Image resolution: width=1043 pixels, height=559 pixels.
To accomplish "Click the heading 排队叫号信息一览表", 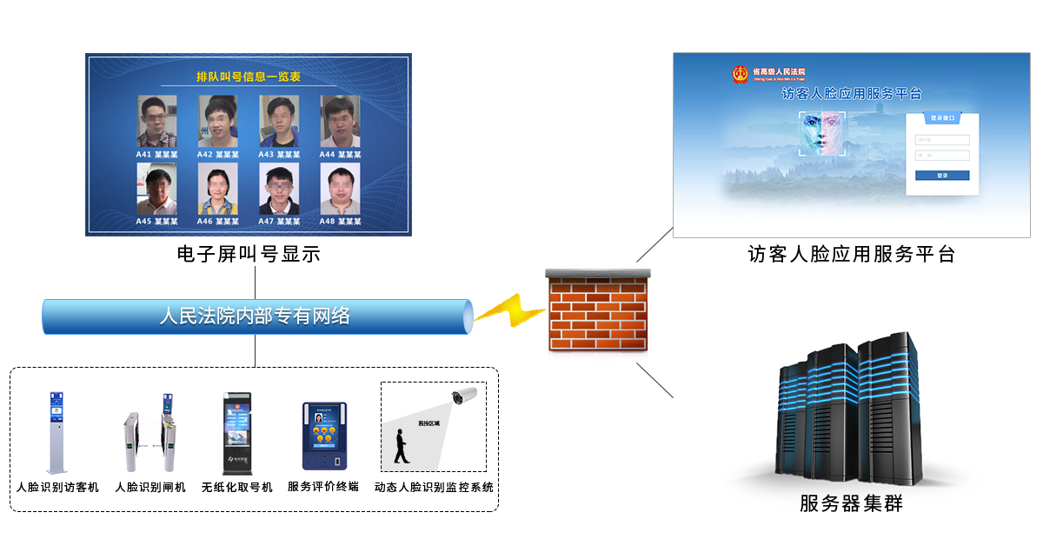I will (248, 77).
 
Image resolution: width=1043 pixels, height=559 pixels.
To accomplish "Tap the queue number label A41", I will (143, 154).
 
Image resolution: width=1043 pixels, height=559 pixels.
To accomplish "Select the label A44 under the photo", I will (327, 154).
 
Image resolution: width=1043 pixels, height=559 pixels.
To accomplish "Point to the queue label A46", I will (204, 222).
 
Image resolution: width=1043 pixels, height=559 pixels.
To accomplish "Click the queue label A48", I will (327, 222).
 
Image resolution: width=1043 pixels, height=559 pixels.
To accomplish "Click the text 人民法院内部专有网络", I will (255, 316).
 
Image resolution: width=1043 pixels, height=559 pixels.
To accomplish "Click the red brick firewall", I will (597, 315).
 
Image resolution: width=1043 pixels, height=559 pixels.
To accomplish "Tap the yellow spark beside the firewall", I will (508, 309).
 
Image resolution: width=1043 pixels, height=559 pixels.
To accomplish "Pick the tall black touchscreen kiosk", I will (237, 433).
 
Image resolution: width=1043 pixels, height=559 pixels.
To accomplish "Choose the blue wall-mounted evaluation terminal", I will (324, 436).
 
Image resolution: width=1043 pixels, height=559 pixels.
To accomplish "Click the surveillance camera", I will (462, 398).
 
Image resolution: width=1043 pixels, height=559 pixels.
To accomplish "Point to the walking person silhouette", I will (401, 447).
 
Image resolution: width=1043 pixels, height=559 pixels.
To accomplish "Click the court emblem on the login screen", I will (740, 74).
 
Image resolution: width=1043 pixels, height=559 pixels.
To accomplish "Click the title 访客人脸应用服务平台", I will (851, 94).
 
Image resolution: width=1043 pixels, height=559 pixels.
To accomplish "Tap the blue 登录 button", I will (942, 176).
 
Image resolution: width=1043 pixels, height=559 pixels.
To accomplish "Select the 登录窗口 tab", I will (942, 117).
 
